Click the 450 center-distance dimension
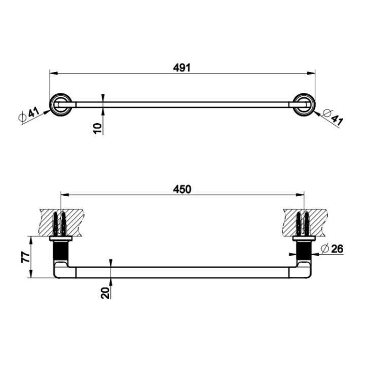pyautogui.click(x=182, y=189)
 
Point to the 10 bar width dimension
pyautogui.click(x=98, y=127)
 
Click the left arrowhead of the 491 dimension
pyautogui.click(x=52, y=74)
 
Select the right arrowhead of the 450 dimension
pyautogui.click(x=301, y=195)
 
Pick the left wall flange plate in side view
pyautogui.click(x=60, y=238)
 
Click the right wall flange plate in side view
pyautogui.click(x=304, y=238)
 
